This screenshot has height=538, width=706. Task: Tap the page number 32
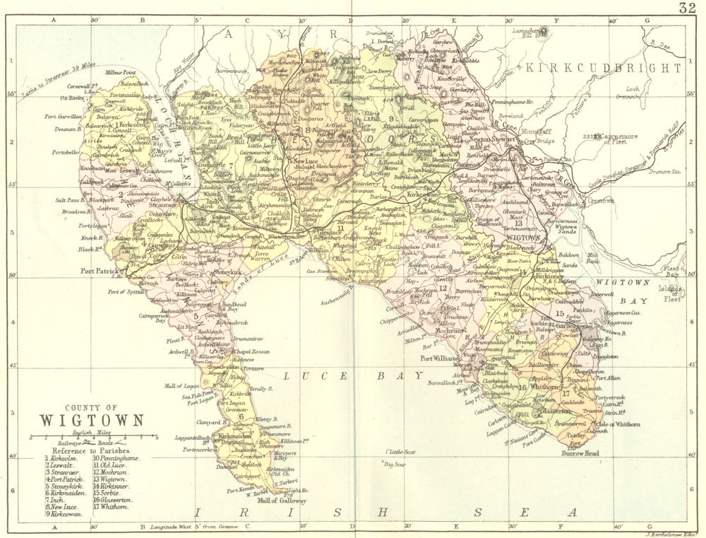click(688, 8)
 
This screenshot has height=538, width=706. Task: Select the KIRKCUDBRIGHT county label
click(603, 68)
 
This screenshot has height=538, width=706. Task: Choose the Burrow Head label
click(582, 453)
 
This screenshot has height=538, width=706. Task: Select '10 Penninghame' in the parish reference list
click(116, 458)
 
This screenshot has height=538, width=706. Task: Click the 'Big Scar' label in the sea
click(397, 464)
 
